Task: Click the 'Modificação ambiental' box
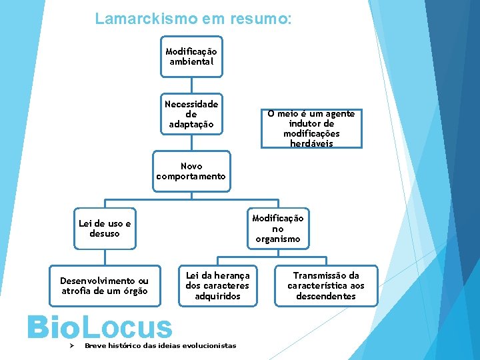tap(191, 57)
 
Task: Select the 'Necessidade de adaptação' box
tap(191, 114)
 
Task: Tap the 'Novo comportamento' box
tap(191, 171)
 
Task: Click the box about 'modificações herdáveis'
tap(311, 129)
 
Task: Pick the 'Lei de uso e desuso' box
tap(105, 228)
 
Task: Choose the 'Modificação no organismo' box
tap(277, 228)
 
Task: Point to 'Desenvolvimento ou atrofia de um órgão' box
tap(105, 286)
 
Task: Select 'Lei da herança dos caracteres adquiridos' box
tap(217, 286)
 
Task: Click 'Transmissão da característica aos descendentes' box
tap(326, 286)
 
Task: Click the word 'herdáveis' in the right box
tap(311, 143)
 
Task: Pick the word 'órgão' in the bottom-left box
tap(133, 291)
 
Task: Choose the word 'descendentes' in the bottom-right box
tap(326, 296)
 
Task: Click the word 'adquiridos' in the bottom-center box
tap(217, 296)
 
